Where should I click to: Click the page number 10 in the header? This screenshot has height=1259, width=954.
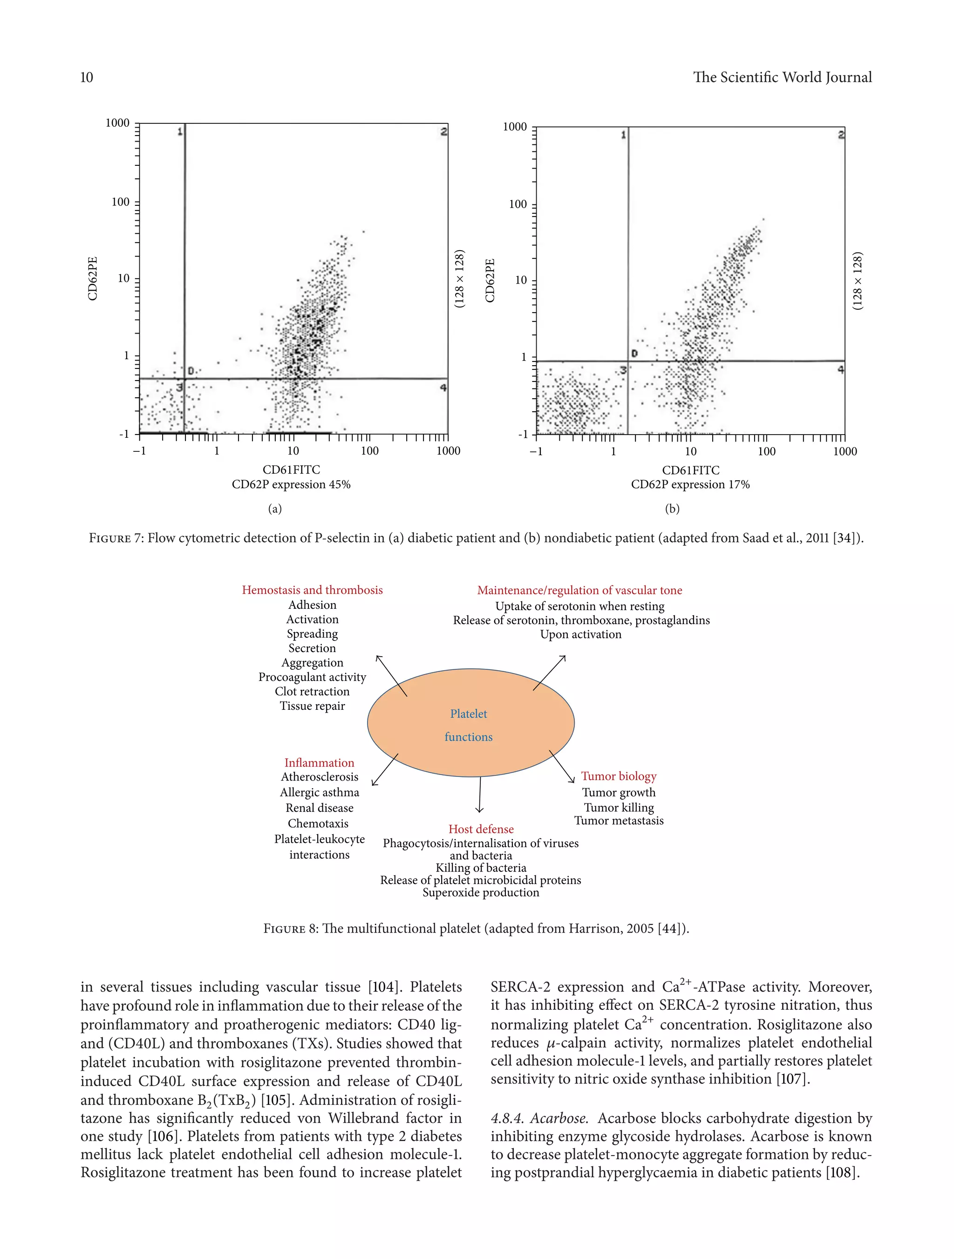(87, 77)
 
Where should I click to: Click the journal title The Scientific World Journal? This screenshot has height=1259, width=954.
(782, 77)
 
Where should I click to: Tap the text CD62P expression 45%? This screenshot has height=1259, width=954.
(291, 484)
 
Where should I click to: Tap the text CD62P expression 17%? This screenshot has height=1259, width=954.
(690, 484)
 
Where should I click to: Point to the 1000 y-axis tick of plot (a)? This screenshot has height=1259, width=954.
(117, 123)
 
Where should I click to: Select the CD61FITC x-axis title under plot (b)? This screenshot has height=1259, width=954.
(690, 470)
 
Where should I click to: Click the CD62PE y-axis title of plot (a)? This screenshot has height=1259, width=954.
(93, 279)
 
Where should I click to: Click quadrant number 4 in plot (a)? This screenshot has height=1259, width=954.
(443, 388)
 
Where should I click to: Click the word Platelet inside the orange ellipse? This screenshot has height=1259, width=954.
(469, 714)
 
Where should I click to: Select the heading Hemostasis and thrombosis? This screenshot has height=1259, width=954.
(312, 590)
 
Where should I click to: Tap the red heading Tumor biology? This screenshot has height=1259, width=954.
(619, 776)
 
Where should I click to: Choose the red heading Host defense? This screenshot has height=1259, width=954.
(481, 829)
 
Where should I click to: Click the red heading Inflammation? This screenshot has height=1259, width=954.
(320, 762)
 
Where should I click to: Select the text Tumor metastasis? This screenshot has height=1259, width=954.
(619, 820)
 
